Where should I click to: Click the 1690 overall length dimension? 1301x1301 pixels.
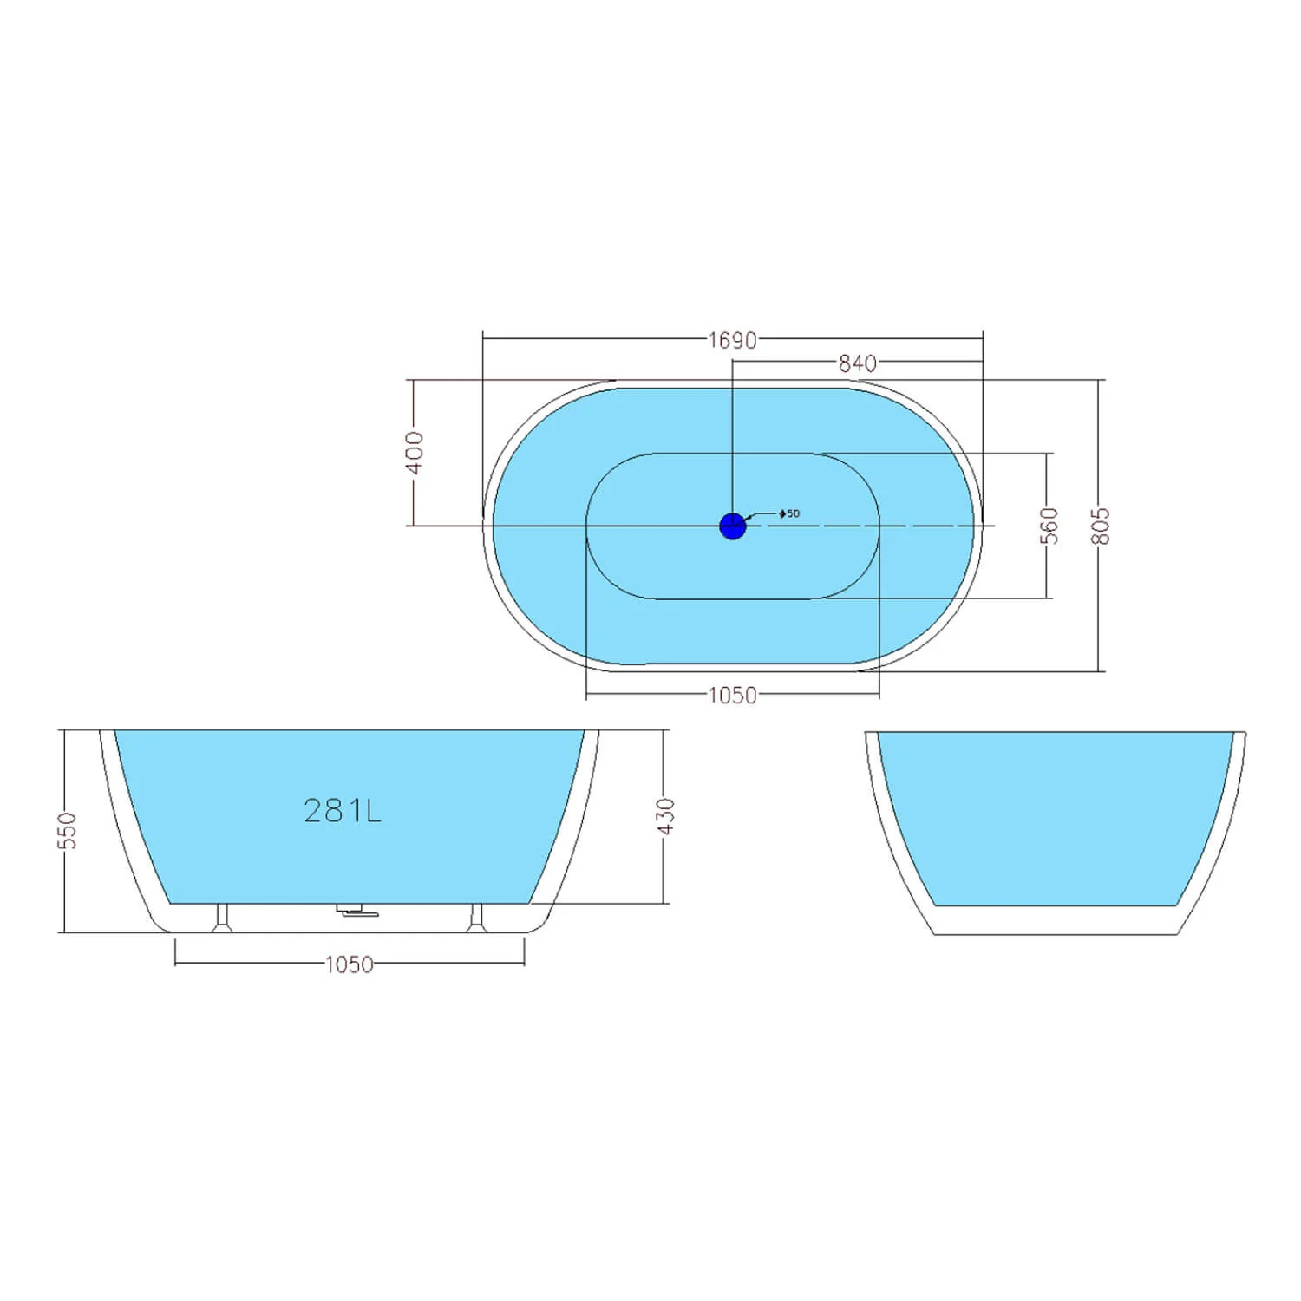point(733,340)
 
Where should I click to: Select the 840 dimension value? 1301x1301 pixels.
point(857,363)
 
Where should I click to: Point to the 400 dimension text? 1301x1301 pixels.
point(415,453)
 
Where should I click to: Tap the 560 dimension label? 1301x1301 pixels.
point(1049,526)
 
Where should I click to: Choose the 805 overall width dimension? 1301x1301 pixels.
point(1101,526)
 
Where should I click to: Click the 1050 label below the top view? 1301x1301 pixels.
point(733,696)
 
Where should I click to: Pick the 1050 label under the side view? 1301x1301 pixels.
point(350,964)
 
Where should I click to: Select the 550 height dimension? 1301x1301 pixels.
point(68,831)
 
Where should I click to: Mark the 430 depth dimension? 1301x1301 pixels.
point(665,816)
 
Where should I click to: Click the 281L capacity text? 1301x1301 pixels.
point(343,811)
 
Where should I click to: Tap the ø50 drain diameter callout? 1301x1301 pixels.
point(788,513)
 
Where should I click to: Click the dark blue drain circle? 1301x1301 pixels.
point(733,526)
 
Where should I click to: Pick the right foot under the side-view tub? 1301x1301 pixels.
point(475,919)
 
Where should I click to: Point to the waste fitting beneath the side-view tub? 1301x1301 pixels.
point(351,911)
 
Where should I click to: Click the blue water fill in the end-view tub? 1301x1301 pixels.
point(1056,815)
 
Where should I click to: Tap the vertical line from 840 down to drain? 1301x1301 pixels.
point(733,442)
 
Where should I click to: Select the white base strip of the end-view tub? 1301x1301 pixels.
point(1056,920)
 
